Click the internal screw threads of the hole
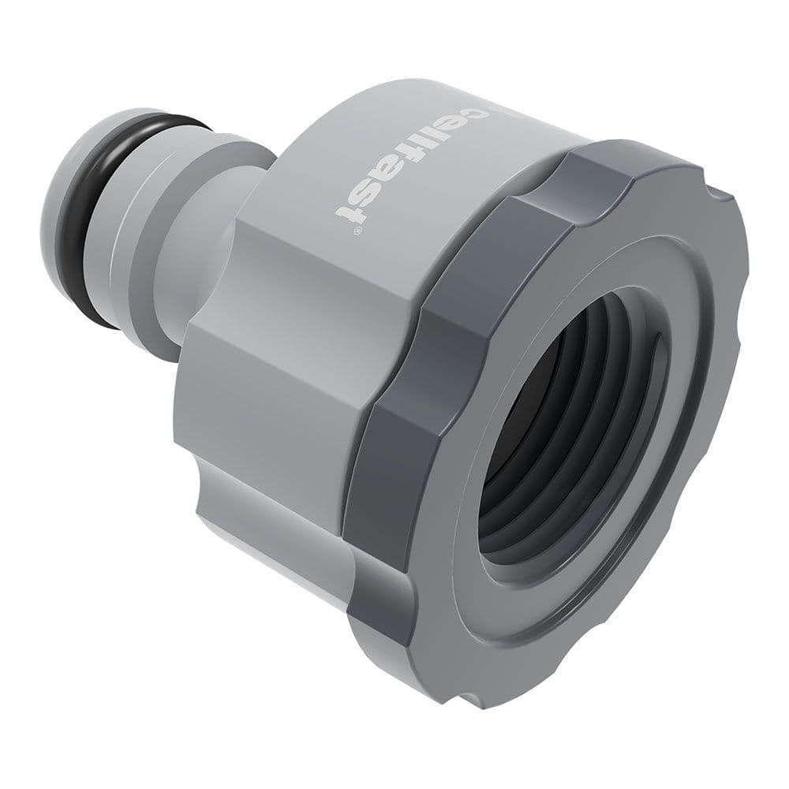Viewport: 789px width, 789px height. click(552, 442)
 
